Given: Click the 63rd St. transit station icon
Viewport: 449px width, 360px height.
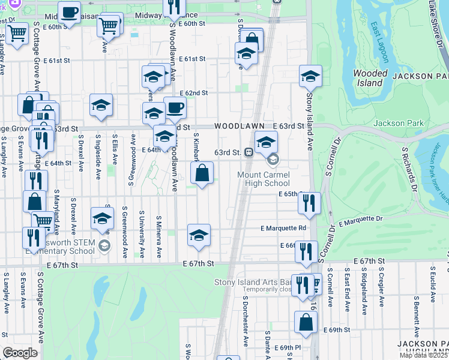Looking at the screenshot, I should coord(247,152).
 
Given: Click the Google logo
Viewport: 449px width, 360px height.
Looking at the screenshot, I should coord(20,353).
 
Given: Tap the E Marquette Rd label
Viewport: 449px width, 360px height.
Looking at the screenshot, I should coord(283,228).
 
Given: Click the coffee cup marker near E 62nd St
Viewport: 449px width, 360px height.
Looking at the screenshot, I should coord(175,108).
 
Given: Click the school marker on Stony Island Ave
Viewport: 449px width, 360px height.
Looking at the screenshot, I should coord(310,76).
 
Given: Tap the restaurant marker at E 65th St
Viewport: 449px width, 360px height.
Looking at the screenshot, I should coord(309,203).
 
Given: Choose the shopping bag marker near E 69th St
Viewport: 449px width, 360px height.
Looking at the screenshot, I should coord(306,322).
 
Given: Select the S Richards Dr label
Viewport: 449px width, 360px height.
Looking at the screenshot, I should coord(409,170).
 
